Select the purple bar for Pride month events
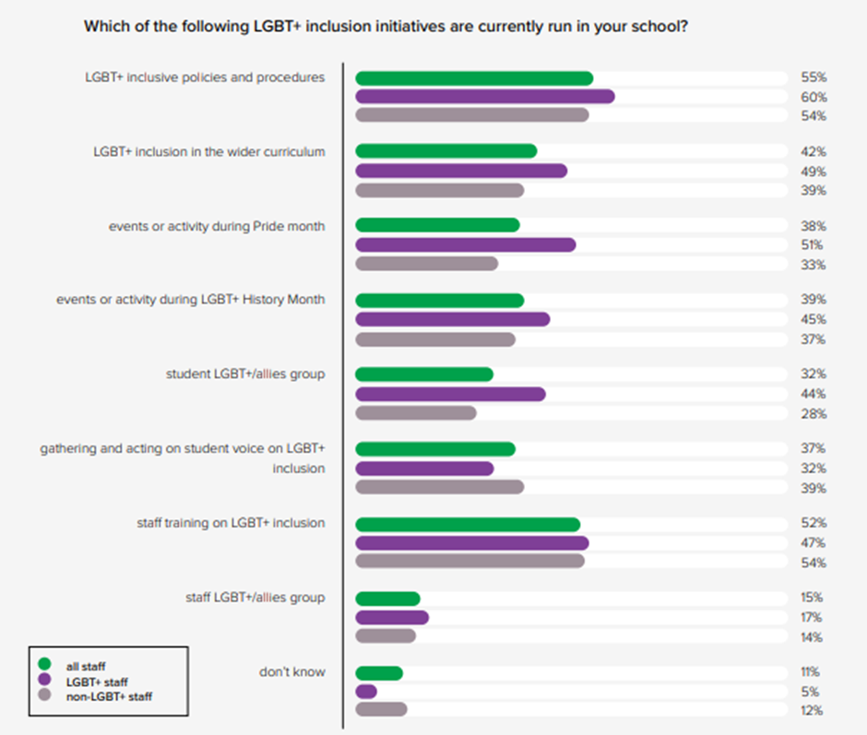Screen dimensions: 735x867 (465, 244)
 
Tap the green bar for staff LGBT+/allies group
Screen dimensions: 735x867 (387, 599)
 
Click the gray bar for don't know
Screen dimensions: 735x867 (381, 709)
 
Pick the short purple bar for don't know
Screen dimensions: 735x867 (366, 691)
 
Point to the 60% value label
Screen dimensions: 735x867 (813, 97)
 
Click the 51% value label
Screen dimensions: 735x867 (813, 244)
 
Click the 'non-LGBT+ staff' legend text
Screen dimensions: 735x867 (109, 696)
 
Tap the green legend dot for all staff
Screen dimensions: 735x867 (43, 663)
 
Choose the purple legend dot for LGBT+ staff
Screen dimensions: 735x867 (43, 680)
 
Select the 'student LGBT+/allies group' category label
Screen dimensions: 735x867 (245, 374)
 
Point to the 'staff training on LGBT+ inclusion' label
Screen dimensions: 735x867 (231, 523)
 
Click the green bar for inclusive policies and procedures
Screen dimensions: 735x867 (474, 78)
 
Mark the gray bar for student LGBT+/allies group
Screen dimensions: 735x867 (416, 412)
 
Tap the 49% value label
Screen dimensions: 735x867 (813, 172)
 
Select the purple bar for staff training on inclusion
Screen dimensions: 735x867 (471, 542)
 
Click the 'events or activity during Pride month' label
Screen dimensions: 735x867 (217, 226)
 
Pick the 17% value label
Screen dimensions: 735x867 (813, 617)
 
